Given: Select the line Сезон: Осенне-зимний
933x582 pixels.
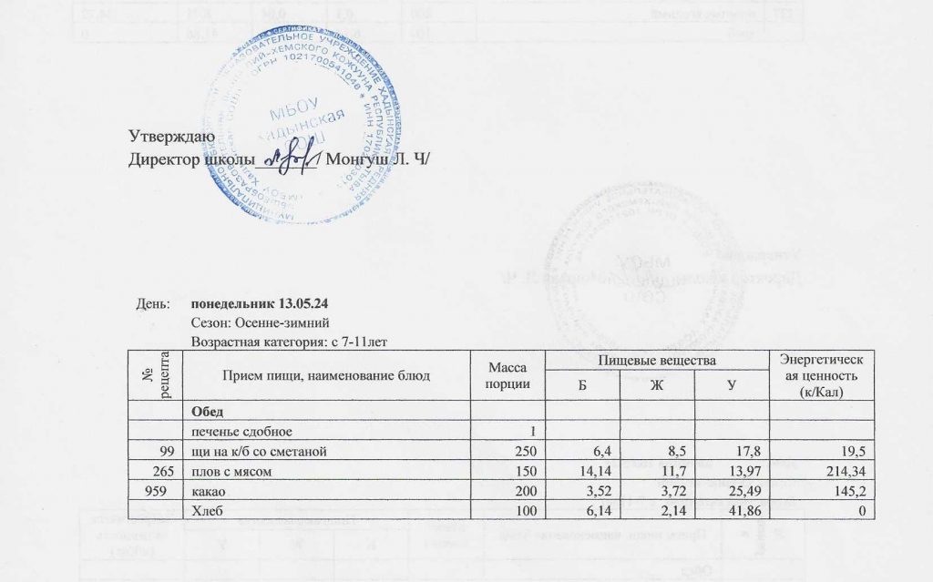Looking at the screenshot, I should point(253,323).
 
